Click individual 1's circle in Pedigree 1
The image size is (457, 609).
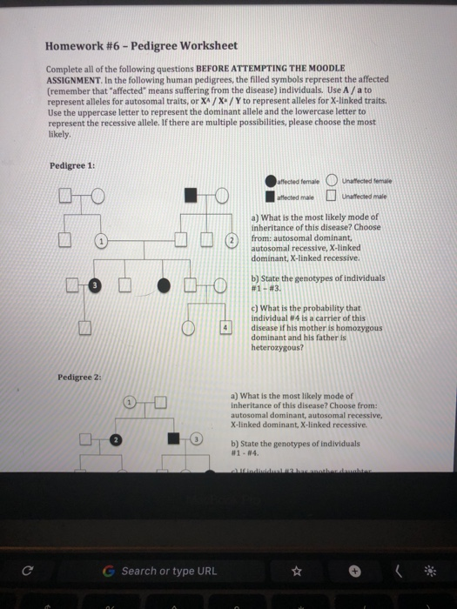102,240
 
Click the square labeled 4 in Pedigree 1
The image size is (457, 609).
225,327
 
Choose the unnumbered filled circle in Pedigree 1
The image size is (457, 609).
163,284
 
